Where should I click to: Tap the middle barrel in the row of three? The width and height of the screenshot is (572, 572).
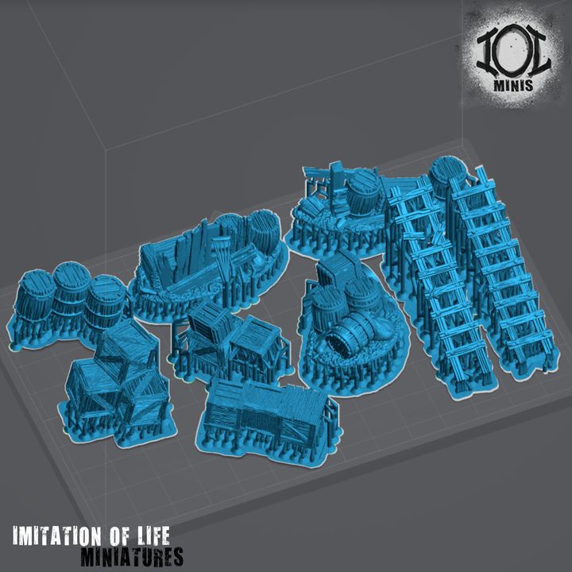71,296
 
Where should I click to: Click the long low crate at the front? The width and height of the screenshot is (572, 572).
262,409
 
